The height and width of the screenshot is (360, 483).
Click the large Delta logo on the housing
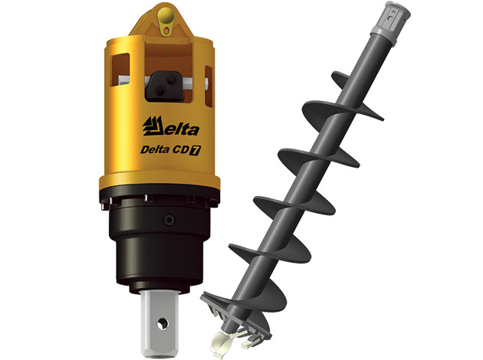pyautogui.click(x=171, y=126)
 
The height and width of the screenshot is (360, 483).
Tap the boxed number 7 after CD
pyautogui.click(x=195, y=150)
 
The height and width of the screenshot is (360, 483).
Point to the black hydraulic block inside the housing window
pyautogui.click(x=165, y=86)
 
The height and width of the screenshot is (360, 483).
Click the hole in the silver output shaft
pyautogui.click(x=162, y=324)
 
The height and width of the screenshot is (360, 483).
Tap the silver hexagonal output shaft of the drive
pyautogui.click(x=160, y=323)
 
